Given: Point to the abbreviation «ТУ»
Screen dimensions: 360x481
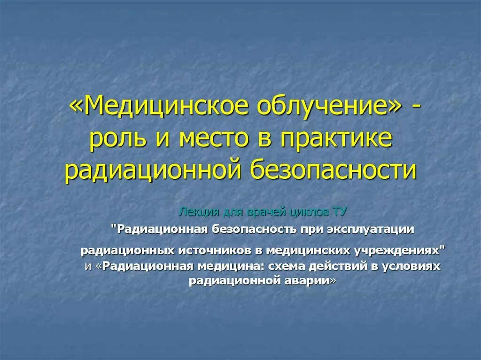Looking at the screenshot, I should (340, 212).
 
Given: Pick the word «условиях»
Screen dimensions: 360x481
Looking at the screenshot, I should (414, 266).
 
